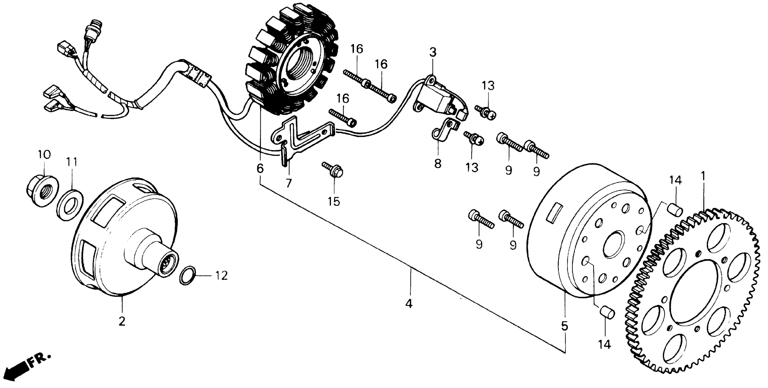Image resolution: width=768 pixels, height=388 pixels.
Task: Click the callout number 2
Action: coord(122,321)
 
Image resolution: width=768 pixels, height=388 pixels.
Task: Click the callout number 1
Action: coord(703,177)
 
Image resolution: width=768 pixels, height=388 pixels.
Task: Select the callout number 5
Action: coord(564,326)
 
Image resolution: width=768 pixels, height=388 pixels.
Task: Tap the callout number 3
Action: coord(433,52)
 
